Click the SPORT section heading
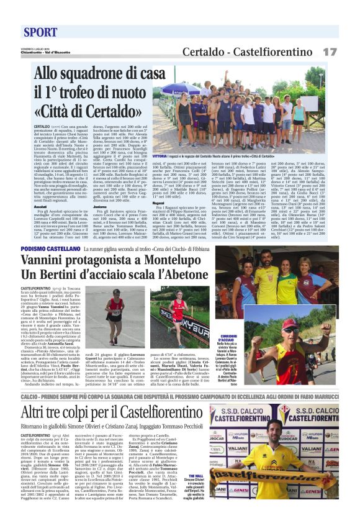click(41, 32)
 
